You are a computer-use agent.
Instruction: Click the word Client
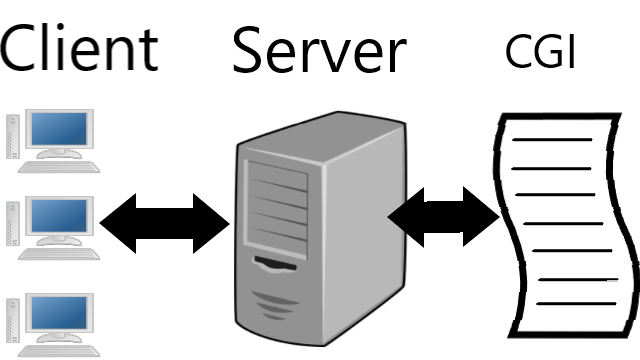(79, 48)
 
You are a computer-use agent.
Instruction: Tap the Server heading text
(320, 50)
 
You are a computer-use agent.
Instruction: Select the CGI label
(540, 51)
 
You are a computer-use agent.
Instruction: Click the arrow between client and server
(164, 223)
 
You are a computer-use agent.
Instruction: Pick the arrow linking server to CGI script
(444, 217)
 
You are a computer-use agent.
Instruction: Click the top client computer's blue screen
(59, 129)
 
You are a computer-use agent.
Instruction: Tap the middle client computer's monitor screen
(59, 216)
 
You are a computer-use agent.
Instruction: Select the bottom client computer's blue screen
(59, 312)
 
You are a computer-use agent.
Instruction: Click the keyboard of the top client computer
(59, 167)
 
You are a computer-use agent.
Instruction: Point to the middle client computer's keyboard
(59, 254)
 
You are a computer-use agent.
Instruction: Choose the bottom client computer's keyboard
(59, 351)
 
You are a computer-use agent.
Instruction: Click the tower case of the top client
(13, 137)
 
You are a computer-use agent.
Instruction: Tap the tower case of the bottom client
(13, 320)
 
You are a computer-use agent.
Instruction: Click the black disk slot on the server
(275, 263)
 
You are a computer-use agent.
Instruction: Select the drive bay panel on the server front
(276, 209)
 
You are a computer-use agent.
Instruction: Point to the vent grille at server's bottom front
(274, 305)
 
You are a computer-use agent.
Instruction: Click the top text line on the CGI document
(552, 140)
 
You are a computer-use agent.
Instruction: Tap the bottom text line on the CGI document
(576, 304)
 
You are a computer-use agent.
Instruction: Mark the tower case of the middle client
(13, 224)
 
